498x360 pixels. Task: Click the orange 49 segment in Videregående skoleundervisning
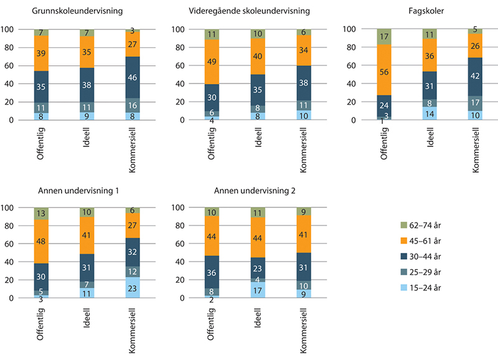coord(212,62)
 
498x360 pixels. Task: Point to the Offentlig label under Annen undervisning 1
coord(42,323)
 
